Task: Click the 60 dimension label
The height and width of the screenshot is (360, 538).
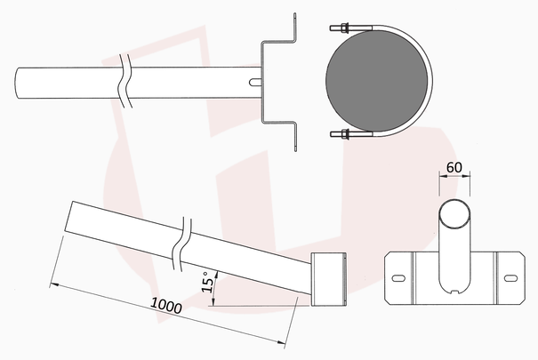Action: (454, 167)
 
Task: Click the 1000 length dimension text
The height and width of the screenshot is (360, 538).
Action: (166, 306)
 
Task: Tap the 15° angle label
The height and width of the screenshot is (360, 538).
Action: (207, 283)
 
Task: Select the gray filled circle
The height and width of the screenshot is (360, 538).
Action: (377, 81)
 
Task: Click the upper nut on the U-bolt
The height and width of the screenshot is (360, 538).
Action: (345, 28)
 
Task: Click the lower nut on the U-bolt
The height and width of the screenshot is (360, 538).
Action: (345, 134)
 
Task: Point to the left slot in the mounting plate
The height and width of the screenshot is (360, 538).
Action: (398, 278)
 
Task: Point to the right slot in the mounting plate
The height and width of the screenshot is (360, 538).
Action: (510, 278)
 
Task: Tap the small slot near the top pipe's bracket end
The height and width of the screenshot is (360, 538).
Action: (254, 83)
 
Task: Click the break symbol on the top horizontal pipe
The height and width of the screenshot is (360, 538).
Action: (125, 81)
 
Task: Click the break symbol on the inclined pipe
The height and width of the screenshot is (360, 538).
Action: (181, 244)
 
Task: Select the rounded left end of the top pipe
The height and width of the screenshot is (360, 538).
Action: (18, 83)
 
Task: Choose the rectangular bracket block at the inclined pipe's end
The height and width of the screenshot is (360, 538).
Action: (328, 279)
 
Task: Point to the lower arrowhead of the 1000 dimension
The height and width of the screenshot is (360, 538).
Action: (281, 342)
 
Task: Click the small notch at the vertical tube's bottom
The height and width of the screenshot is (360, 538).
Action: (455, 292)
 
